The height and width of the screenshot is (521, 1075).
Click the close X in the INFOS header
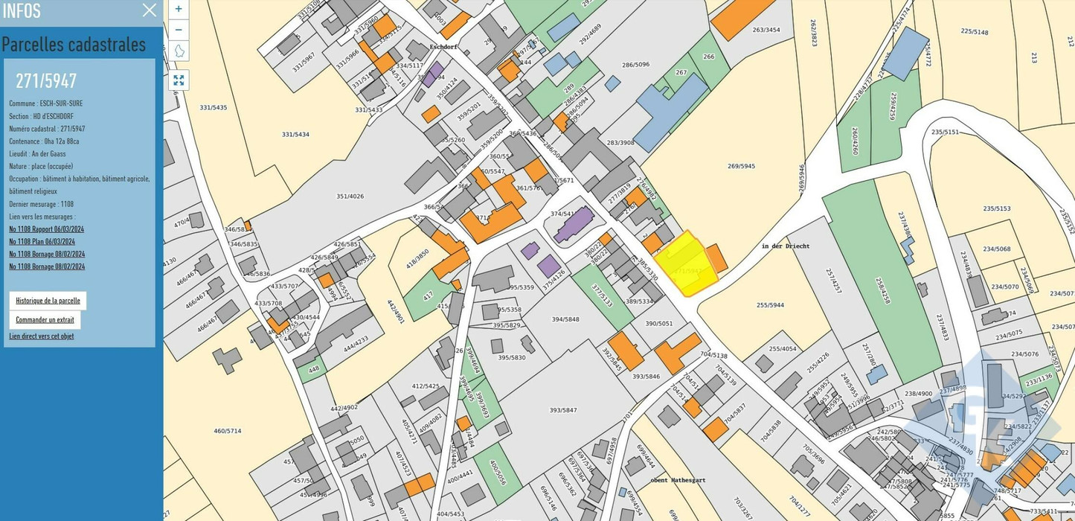click(x=150, y=10)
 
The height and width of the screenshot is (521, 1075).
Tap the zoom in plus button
click(x=179, y=9)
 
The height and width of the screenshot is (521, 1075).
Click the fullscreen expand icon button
click(x=179, y=80)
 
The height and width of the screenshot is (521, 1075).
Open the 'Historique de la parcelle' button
click(x=48, y=301)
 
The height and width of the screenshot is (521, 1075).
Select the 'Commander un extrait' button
click(x=45, y=320)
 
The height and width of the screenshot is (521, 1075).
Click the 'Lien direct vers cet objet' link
click(x=42, y=336)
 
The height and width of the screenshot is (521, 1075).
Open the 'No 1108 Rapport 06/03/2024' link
click(x=46, y=229)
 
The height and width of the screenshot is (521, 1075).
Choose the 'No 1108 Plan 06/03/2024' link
click(x=42, y=241)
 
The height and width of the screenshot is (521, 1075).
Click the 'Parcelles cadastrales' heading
click(x=74, y=45)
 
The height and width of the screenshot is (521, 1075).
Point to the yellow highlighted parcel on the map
click(x=684, y=264)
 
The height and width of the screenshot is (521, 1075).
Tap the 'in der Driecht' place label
click(x=785, y=246)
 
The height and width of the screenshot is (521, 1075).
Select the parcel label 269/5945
click(x=741, y=166)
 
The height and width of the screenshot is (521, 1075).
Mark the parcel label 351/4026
click(x=350, y=196)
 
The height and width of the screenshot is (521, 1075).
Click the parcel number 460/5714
click(x=228, y=431)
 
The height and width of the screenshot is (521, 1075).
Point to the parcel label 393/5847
click(x=563, y=410)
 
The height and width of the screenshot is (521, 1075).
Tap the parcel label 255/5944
click(x=771, y=305)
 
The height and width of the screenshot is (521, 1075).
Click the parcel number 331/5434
click(x=295, y=134)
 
